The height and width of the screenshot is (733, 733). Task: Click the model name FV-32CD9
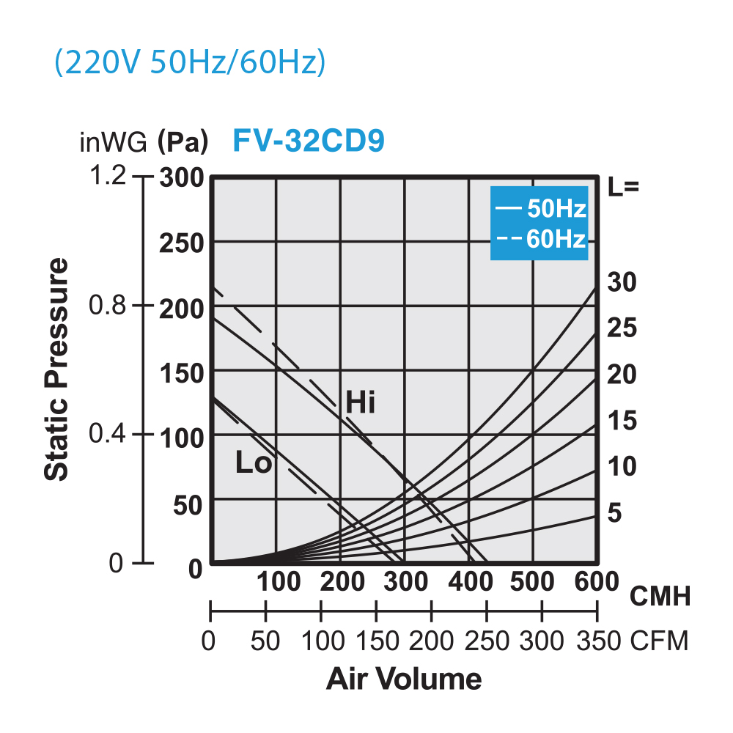click(x=309, y=141)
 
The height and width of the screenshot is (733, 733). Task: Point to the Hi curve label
click(x=360, y=402)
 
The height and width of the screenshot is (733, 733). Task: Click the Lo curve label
click(x=254, y=463)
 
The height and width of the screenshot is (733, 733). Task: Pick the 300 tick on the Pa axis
click(x=182, y=178)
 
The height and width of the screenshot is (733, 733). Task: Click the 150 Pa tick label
click(x=182, y=372)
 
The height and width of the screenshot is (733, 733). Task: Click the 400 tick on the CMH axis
click(x=469, y=583)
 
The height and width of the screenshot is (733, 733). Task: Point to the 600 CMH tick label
click(x=594, y=583)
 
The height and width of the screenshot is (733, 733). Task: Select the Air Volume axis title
click(x=404, y=679)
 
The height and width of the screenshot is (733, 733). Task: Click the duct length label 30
click(x=623, y=282)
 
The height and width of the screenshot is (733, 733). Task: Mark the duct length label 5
click(x=614, y=513)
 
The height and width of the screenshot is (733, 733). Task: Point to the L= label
click(x=625, y=186)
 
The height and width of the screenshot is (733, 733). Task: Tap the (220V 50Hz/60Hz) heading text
click(x=189, y=64)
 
